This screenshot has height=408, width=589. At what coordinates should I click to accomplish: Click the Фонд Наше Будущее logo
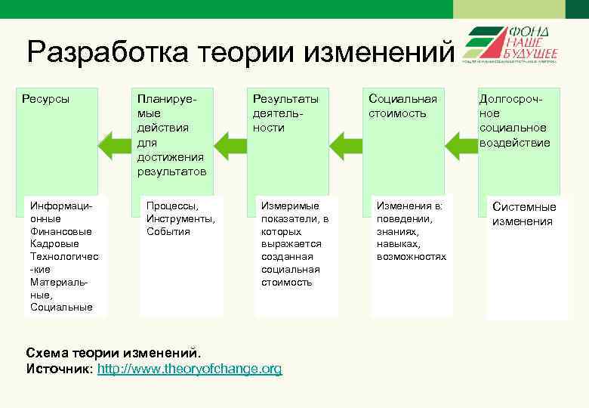tap(510, 43)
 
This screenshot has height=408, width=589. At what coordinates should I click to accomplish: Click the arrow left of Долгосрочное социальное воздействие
tap(461, 144)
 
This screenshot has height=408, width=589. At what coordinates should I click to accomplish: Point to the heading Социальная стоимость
tap(402, 106)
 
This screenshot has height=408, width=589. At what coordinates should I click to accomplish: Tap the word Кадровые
tap(54, 244)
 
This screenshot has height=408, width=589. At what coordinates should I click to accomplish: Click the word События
tap(168, 231)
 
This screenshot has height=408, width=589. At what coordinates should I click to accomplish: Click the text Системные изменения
tap(523, 214)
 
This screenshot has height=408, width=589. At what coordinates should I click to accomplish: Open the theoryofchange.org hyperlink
tap(190, 369)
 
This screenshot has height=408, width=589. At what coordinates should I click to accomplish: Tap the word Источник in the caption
tap(58, 369)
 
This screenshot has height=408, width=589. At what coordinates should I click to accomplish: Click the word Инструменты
tap(180, 218)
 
